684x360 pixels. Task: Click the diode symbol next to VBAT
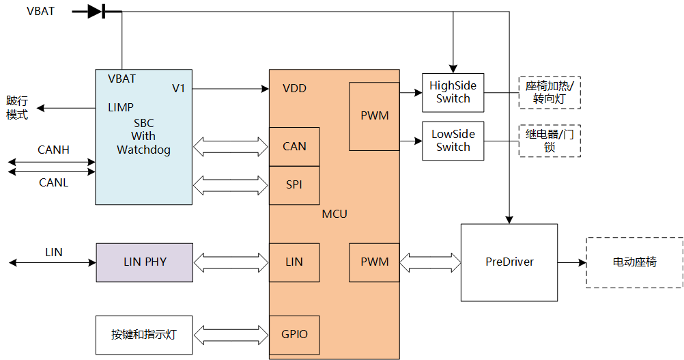pyautogui.click(x=96, y=12)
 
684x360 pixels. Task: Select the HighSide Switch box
pyautogui.click(x=453, y=92)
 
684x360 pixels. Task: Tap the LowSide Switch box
pyautogui.click(x=453, y=141)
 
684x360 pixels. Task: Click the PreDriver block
pyautogui.click(x=509, y=262)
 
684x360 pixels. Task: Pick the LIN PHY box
pyautogui.click(x=145, y=262)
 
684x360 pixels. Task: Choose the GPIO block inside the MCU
pyautogui.click(x=294, y=335)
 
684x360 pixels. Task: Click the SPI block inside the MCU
pyautogui.click(x=294, y=185)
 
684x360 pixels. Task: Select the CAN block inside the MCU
pyautogui.click(x=294, y=147)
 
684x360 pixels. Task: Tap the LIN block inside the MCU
pyautogui.click(x=294, y=262)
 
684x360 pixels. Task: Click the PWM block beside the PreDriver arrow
pyautogui.click(x=374, y=262)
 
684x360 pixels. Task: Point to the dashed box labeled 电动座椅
pyautogui.click(x=635, y=262)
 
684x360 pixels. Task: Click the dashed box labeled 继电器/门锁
pyautogui.click(x=550, y=141)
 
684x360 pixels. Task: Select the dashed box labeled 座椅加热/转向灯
pyautogui.click(x=550, y=92)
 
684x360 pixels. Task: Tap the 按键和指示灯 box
pyautogui.click(x=144, y=335)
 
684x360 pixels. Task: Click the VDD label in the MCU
pyautogui.click(x=294, y=88)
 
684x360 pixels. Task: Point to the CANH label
pyautogui.click(x=54, y=150)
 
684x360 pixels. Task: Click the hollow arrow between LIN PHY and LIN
pyautogui.click(x=231, y=262)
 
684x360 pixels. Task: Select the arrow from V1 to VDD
pyautogui.click(x=231, y=89)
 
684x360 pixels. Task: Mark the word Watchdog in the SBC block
pyautogui.click(x=143, y=150)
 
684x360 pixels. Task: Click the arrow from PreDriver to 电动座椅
pyautogui.click(x=572, y=262)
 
